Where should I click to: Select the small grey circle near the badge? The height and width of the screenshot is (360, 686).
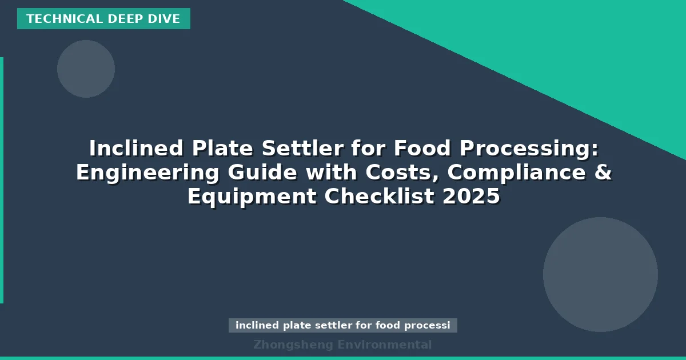click(x=86, y=69)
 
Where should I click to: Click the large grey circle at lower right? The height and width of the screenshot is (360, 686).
click(x=600, y=274)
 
